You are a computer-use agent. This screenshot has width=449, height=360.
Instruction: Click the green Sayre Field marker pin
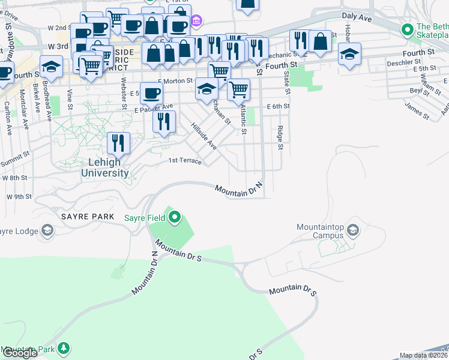pyautogui.click(x=175, y=217)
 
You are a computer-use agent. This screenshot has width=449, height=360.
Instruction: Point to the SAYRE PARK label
pyautogui.click(x=82, y=215)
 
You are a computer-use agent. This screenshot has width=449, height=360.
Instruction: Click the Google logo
pyautogui.click(x=19, y=353)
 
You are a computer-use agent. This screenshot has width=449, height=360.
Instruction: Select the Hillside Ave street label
pyautogui.click(x=203, y=136)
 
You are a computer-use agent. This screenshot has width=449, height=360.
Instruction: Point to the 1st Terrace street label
pyautogui.click(x=185, y=161)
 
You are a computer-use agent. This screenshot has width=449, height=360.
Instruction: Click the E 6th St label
pyautogui.click(x=277, y=106)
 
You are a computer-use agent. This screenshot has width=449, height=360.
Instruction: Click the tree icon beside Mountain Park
pyautogui.click(x=62, y=349)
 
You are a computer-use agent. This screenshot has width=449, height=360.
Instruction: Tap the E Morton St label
pyautogui.click(x=175, y=80)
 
